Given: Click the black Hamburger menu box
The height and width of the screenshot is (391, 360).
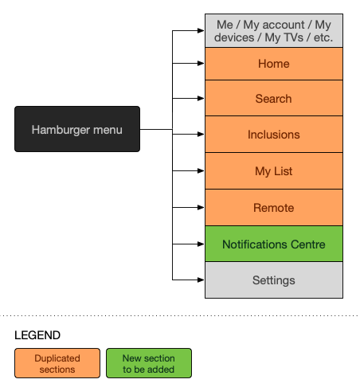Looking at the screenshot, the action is pyautogui.click(x=77, y=129).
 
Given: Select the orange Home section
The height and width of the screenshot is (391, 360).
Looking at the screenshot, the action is pyautogui.click(x=274, y=64).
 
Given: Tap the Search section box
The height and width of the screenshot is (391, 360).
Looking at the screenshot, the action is pyautogui.click(x=274, y=98).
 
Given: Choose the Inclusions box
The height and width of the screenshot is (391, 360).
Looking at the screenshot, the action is pyautogui.click(x=274, y=135).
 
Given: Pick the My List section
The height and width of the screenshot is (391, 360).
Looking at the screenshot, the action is pyautogui.click(x=274, y=171).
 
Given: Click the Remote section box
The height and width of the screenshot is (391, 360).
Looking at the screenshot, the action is pyautogui.click(x=274, y=208).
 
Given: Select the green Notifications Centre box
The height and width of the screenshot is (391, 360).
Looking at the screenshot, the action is pyautogui.click(x=274, y=244).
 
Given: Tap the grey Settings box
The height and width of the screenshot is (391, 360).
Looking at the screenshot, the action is pyautogui.click(x=274, y=280).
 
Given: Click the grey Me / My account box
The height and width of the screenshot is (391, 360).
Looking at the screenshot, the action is pyautogui.click(x=274, y=31).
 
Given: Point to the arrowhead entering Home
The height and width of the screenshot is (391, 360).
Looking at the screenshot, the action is pyautogui.click(x=201, y=63).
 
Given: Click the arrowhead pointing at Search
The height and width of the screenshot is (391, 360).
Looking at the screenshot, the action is pyautogui.click(x=201, y=98).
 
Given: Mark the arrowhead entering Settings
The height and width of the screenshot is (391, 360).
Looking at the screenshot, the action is pyautogui.click(x=201, y=280).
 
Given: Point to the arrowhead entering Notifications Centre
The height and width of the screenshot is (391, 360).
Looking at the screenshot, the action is pyautogui.click(x=201, y=244).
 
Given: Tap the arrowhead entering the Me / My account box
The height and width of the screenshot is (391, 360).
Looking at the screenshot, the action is pyautogui.click(x=201, y=31).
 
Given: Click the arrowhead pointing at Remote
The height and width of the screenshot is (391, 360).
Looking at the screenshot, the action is pyautogui.click(x=201, y=207).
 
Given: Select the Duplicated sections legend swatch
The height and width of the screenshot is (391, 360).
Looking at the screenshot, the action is pyautogui.click(x=57, y=363).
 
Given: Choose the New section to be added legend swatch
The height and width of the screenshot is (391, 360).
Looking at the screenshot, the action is pyautogui.click(x=149, y=363).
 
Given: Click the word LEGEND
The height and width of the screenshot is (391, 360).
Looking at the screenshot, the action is pyautogui.click(x=37, y=335).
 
